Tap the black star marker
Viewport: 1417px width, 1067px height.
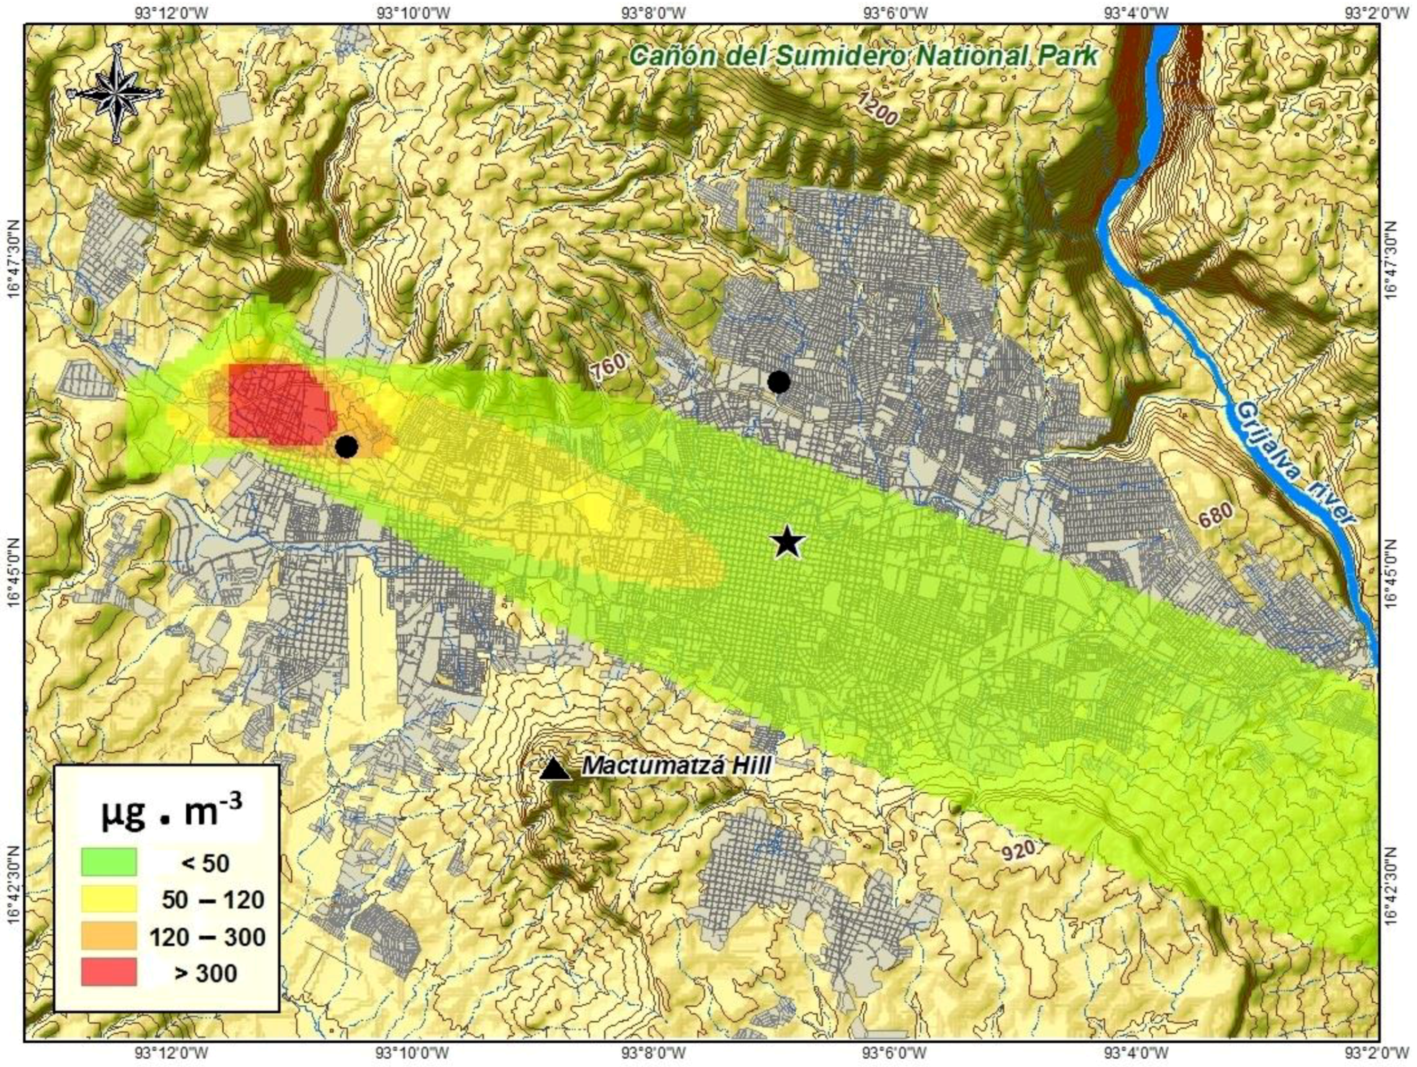(x=788, y=542)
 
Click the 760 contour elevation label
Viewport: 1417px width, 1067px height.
(x=609, y=369)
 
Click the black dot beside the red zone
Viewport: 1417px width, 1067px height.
(x=346, y=447)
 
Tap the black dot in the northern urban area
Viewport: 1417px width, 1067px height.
(x=778, y=382)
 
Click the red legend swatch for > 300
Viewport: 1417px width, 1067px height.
(x=109, y=972)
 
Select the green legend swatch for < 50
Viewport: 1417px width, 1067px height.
(x=109, y=861)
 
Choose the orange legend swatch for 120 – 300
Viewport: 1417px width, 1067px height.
(x=109, y=936)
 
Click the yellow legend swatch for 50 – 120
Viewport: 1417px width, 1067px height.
(x=109, y=898)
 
